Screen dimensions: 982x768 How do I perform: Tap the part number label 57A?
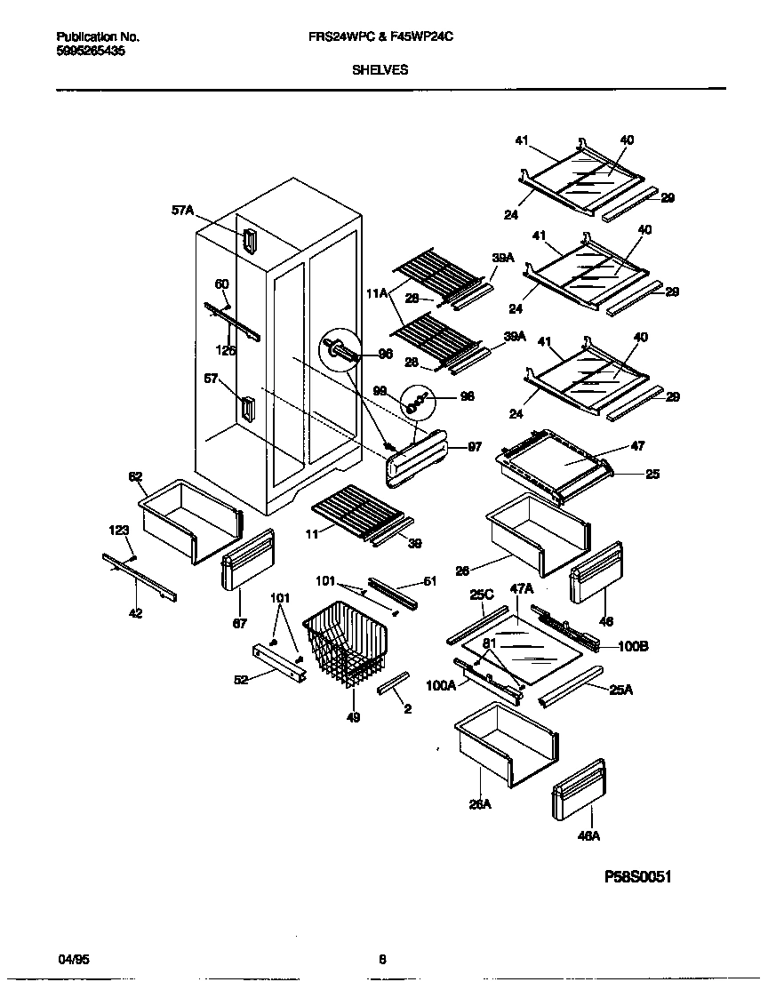click(182, 212)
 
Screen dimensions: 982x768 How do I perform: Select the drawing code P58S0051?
click(637, 876)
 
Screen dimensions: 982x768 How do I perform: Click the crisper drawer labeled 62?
click(189, 519)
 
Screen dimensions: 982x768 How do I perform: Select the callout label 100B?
click(633, 646)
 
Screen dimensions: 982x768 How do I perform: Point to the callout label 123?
click(119, 531)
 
